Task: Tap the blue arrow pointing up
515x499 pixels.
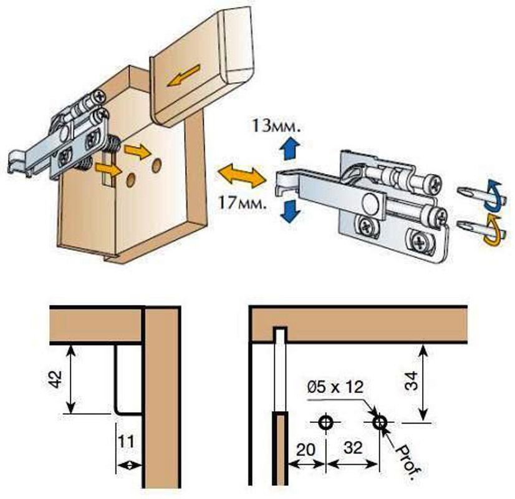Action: (x=288, y=150)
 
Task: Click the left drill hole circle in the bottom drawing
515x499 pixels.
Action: (x=325, y=422)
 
